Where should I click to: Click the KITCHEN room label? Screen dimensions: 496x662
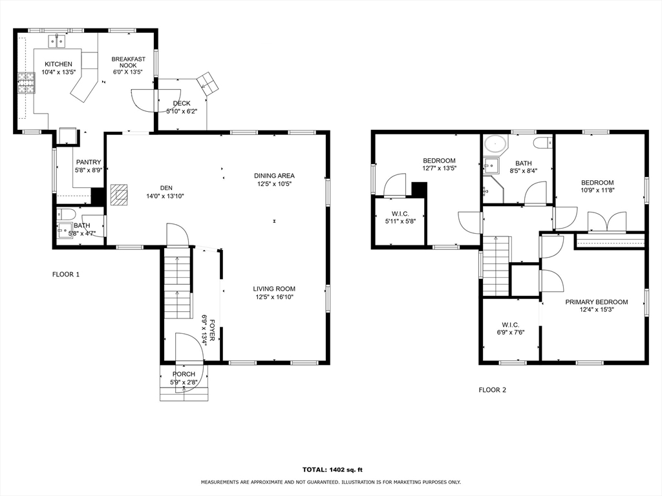(x=58, y=64)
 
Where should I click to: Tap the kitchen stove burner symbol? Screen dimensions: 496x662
(x=26, y=82)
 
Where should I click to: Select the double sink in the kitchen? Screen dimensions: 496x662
(x=58, y=41)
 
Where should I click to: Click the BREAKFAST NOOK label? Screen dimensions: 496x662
(x=126, y=63)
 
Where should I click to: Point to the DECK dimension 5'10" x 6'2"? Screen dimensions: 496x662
(x=181, y=111)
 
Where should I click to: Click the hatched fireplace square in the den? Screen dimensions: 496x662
(x=118, y=194)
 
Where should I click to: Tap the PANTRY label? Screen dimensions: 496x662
(x=89, y=163)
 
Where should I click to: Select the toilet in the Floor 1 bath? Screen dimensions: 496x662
(x=67, y=214)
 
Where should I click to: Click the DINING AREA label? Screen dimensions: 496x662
(x=274, y=176)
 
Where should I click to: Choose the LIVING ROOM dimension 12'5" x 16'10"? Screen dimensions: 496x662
(x=274, y=298)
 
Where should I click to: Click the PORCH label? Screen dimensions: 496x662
(x=184, y=375)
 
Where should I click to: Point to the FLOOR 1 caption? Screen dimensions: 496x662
(x=65, y=274)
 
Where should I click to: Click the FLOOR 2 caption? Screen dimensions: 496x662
(x=492, y=390)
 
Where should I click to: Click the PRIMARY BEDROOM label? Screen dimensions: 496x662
(x=596, y=302)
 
